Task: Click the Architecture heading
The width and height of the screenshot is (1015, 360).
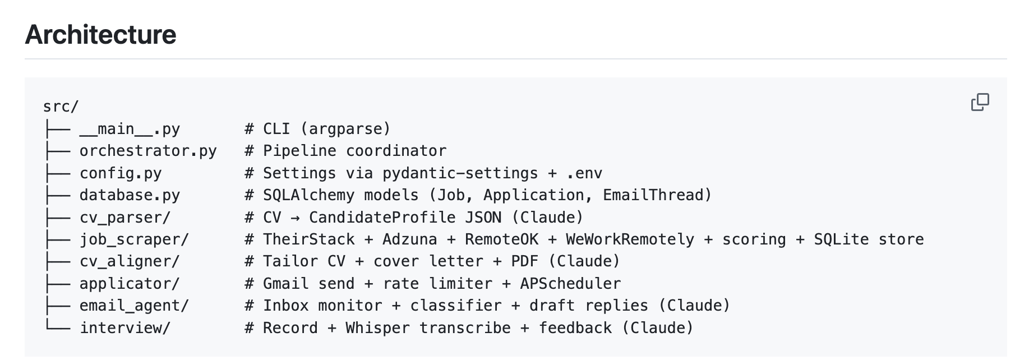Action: [x=100, y=35]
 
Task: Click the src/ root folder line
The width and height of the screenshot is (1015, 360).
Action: [x=61, y=107]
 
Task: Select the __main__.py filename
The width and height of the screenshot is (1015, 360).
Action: [x=130, y=129]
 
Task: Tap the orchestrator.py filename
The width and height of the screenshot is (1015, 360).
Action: [x=148, y=151]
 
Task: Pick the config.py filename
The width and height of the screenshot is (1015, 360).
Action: [x=121, y=173]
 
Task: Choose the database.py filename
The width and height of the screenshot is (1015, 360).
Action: [x=130, y=195]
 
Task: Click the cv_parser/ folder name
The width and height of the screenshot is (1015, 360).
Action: [x=125, y=218]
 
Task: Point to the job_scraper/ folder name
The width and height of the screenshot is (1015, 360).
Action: [x=134, y=239]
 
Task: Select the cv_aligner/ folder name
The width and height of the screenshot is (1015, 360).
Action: [x=130, y=261]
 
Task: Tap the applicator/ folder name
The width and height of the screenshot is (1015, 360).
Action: [x=130, y=284]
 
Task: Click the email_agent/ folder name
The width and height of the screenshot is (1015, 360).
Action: [x=134, y=306]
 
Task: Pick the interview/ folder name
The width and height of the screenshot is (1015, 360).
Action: [x=125, y=328]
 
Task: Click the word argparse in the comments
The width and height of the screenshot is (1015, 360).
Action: [x=345, y=129]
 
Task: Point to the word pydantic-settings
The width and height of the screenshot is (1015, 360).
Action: [x=460, y=173]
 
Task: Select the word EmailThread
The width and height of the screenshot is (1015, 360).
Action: [x=653, y=195]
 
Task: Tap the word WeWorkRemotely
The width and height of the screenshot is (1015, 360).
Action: [x=630, y=239]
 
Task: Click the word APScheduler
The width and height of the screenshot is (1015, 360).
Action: [x=570, y=284]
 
